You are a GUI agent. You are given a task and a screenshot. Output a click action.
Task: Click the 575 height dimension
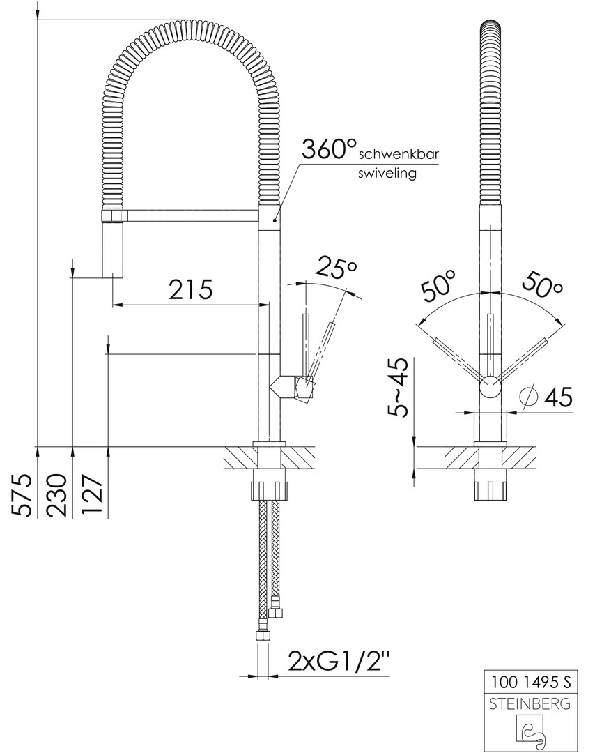pos(22,495)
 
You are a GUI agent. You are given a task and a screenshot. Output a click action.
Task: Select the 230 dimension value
pos(56,495)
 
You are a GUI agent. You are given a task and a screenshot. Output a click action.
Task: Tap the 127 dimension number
pos(91,495)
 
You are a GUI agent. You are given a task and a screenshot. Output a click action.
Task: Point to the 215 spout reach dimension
pos(190,289)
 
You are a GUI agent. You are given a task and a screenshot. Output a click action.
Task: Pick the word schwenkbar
pos(399,155)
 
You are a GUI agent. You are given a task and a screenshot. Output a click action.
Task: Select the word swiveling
pos(387,173)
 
